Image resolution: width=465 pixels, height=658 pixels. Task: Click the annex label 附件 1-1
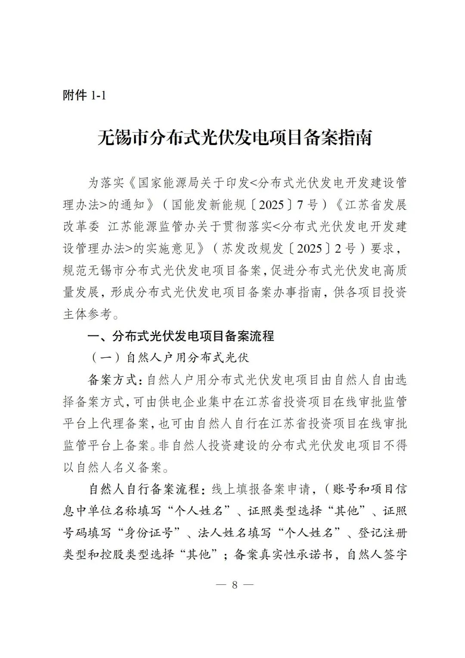point(84,95)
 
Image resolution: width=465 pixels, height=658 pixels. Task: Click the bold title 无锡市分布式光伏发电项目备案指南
point(234,138)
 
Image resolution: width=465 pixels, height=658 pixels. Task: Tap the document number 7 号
point(307,205)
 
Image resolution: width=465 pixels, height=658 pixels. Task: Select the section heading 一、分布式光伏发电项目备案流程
point(181,336)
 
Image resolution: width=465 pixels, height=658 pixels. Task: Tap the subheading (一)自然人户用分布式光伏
point(170,358)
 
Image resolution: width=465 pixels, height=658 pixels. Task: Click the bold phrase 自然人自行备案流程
point(144,489)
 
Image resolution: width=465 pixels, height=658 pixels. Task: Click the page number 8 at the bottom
point(235,585)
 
